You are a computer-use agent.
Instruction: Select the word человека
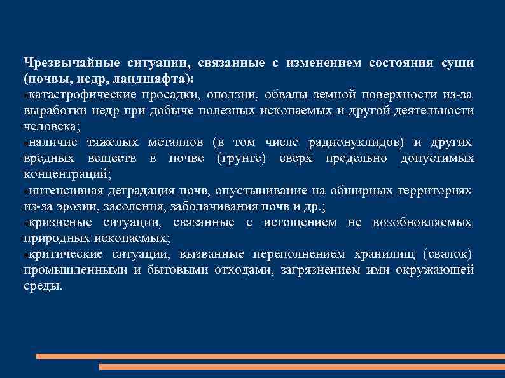(51, 126)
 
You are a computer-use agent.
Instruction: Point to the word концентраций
(68, 174)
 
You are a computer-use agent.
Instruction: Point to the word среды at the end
(43, 286)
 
